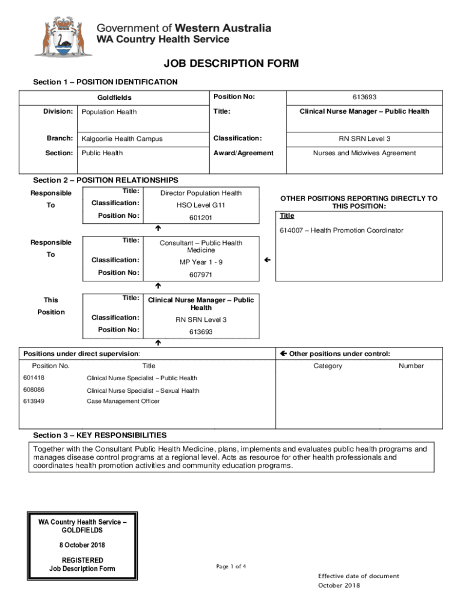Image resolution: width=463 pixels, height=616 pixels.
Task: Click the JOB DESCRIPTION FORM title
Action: [231, 64]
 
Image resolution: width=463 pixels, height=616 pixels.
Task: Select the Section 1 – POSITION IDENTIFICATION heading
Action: [105, 82]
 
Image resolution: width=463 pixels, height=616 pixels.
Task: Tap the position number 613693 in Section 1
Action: [364, 97]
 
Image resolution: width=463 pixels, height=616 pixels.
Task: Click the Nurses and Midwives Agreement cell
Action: [364, 153]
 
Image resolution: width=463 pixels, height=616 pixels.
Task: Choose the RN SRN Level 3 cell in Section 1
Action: [364, 139]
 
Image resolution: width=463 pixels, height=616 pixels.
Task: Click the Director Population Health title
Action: [201, 193]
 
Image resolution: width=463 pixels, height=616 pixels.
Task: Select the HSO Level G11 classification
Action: [201, 205]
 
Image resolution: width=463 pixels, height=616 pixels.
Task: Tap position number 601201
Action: [201, 218]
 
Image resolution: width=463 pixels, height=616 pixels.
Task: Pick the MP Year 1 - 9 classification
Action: [201, 262]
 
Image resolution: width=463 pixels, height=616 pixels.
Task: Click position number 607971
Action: [201, 275]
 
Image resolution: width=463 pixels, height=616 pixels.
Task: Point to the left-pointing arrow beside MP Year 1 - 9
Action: [268, 260]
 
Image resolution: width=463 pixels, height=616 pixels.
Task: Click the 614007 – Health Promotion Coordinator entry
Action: [341, 230]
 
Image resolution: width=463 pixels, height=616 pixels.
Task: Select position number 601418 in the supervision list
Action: [34, 378]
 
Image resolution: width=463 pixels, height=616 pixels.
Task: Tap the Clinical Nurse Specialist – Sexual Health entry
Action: [143, 391]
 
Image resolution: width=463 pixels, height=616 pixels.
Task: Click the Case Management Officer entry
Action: [123, 401]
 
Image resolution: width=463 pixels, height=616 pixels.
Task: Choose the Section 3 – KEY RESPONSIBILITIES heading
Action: [100, 435]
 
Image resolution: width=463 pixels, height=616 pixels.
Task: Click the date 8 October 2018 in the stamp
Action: [82, 545]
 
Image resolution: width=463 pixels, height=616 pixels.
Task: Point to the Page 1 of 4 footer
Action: [231, 567]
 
